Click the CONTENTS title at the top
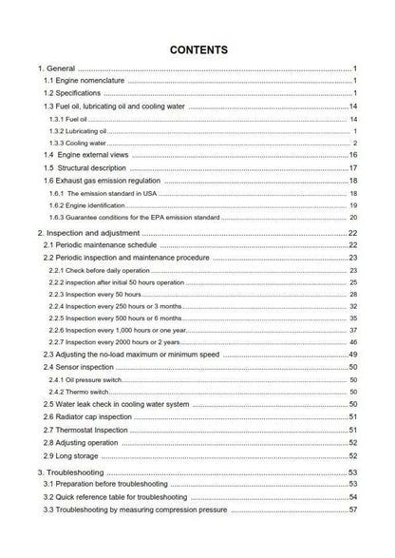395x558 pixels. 197,48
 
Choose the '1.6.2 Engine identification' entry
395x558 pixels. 93,204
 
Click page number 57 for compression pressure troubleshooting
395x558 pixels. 352,510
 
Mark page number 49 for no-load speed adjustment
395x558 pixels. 352,354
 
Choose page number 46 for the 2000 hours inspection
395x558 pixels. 352,341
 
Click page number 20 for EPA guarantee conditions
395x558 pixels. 352,217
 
